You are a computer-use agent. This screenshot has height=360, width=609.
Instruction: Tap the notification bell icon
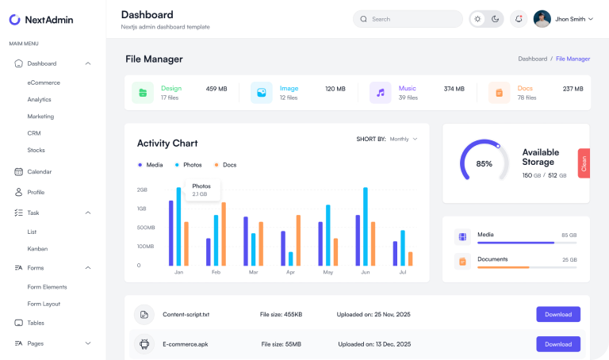coord(519,19)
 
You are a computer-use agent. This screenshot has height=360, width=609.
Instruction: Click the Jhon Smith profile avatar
coord(542,19)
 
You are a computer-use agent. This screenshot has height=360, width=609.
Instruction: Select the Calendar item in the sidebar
coord(39,171)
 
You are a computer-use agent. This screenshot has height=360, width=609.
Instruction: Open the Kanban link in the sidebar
coord(37,249)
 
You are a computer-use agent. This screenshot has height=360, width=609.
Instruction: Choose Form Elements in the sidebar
coord(47,287)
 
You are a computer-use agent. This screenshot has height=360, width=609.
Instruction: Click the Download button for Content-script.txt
coord(557,315)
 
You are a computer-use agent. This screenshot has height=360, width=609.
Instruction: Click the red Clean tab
coord(584,163)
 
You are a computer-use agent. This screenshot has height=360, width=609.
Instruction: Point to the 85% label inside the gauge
coord(484,164)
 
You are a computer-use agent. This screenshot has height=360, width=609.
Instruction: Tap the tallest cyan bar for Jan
coord(178,227)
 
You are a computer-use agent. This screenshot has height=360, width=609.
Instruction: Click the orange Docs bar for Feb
coord(224,234)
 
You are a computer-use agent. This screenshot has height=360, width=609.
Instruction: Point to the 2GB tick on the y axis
coord(142,190)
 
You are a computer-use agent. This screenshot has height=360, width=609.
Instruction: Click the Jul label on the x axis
coord(402,272)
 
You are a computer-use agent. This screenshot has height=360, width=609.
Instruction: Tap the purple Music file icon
coord(381,93)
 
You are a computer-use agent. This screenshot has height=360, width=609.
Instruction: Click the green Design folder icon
coord(143,93)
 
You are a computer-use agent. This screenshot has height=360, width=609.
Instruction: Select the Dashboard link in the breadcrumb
coord(532,59)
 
